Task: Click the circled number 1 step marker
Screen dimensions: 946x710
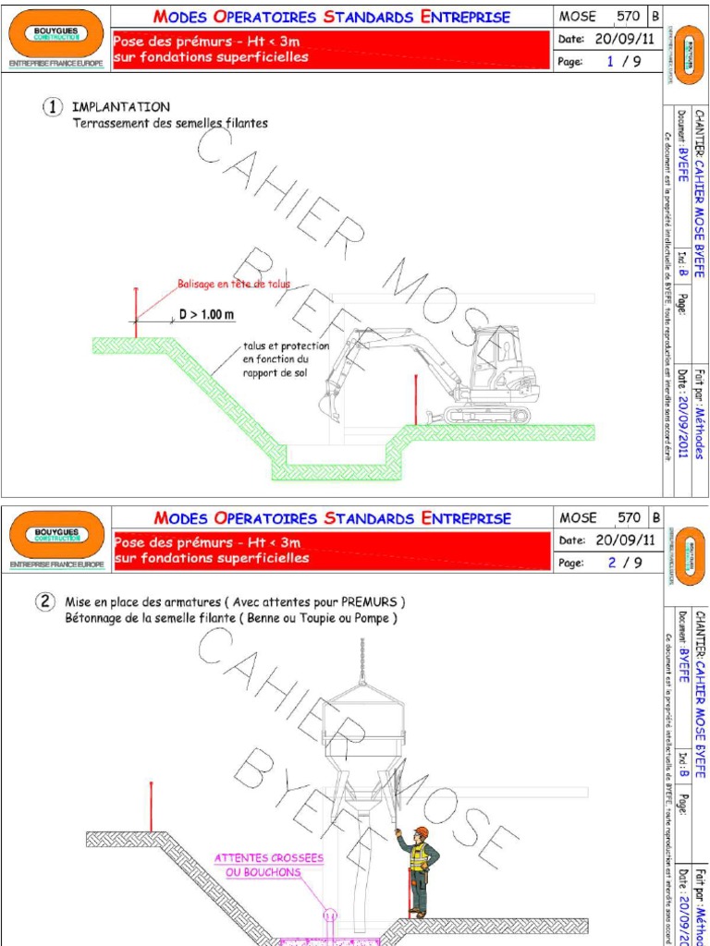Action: (51, 107)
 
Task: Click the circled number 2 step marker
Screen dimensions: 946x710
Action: (45, 601)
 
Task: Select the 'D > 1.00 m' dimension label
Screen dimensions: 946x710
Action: (206, 315)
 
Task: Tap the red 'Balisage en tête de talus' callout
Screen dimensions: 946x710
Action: (234, 285)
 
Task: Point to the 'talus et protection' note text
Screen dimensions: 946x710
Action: (274, 346)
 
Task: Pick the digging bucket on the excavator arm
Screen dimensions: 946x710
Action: (329, 406)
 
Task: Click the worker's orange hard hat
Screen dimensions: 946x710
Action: (422, 832)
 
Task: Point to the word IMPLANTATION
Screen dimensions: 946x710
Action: (120, 107)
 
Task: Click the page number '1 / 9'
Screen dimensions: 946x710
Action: (623, 62)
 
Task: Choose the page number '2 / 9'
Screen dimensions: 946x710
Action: (623, 562)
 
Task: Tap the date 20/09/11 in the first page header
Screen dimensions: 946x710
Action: (626, 39)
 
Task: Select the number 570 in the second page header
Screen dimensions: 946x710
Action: (629, 518)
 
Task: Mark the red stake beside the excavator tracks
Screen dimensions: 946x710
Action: (416, 399)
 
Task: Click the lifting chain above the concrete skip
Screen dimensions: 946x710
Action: (361, 660)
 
